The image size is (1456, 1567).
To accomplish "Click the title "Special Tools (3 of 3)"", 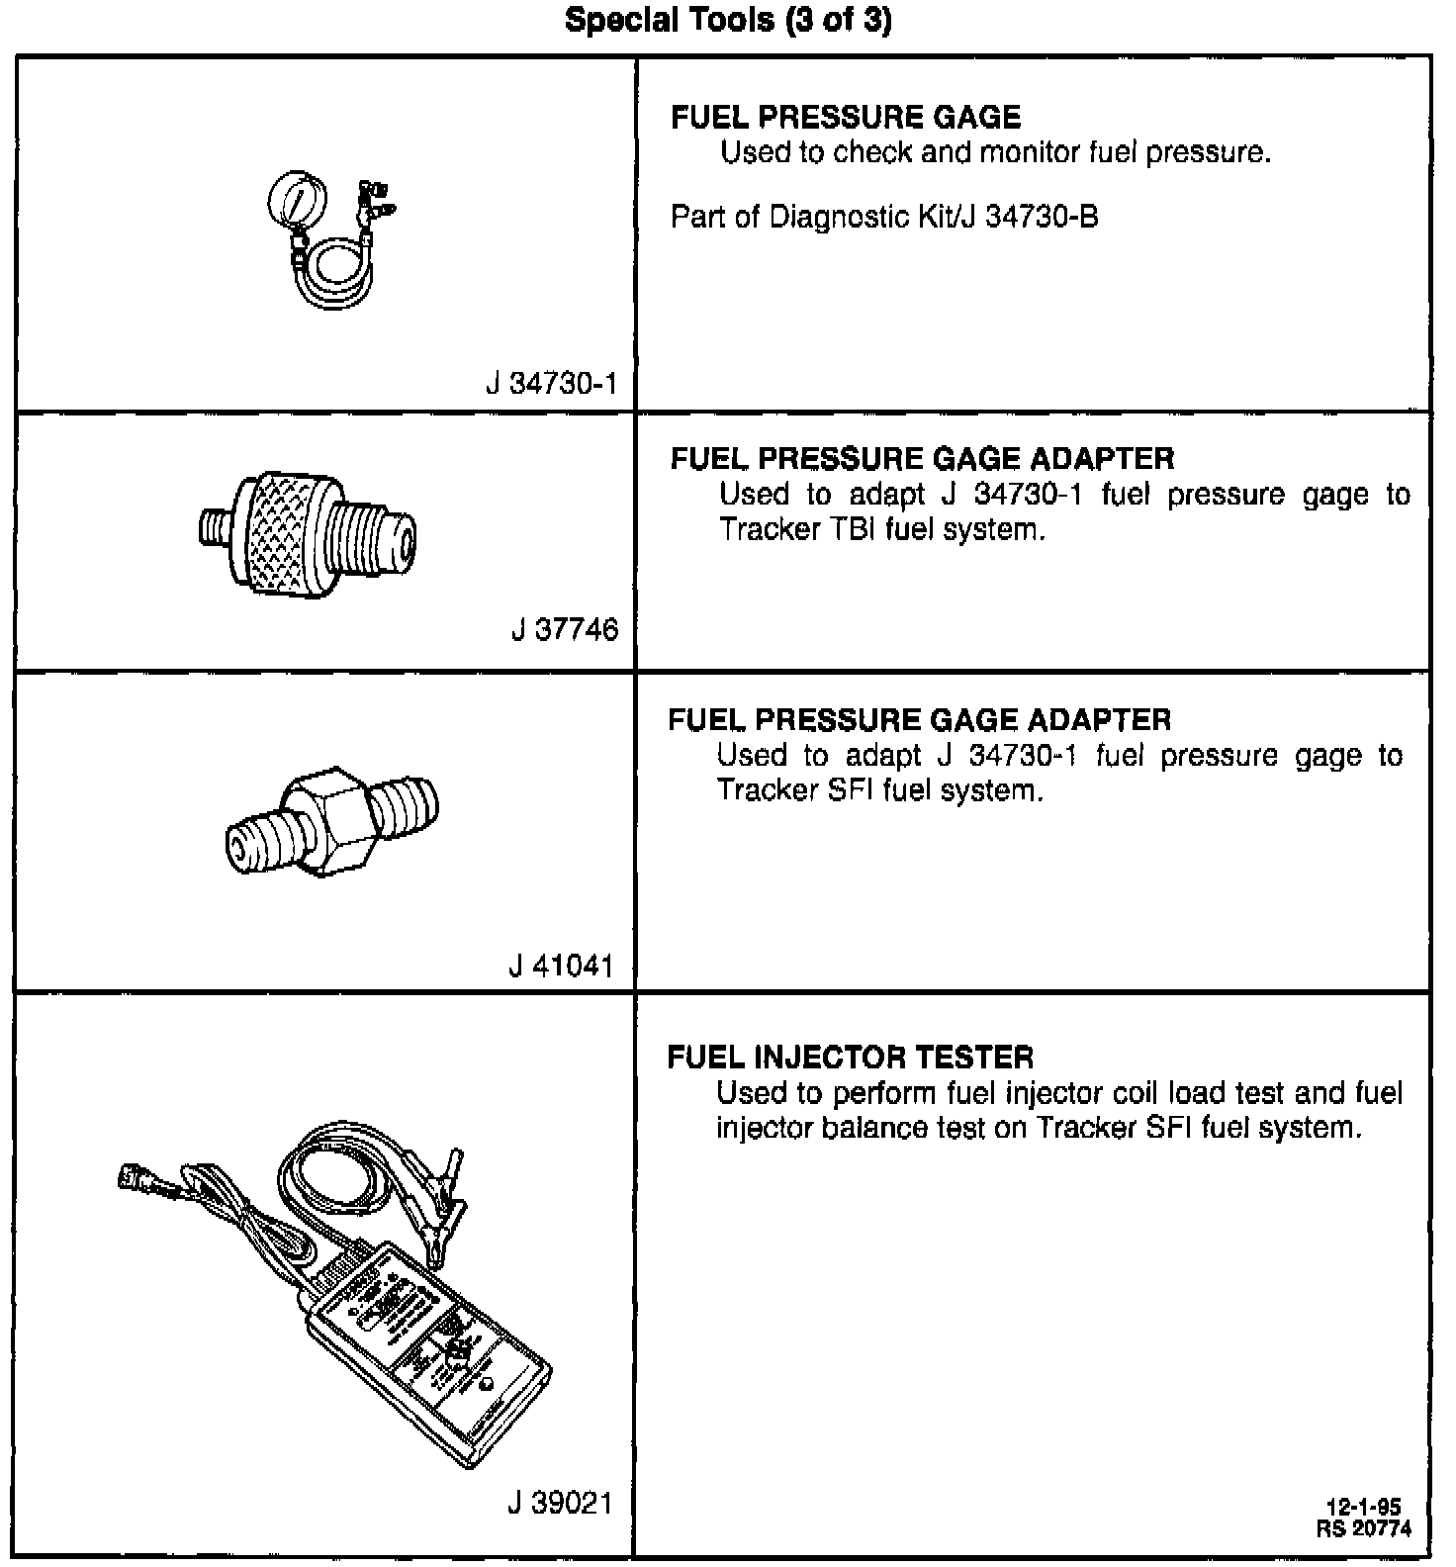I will click(x=727, y=21).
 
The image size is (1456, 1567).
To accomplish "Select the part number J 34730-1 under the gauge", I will click(x=551, y=384).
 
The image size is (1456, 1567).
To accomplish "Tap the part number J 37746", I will click(x=565, y=629).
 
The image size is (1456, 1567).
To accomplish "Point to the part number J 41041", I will click(x=562, y=966).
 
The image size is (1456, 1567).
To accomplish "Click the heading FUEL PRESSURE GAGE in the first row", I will click(x=845, y=118).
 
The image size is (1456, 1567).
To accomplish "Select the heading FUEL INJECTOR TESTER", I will click(x=850, y=1058).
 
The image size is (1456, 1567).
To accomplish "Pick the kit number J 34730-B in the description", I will click(x=1030, y=217).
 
